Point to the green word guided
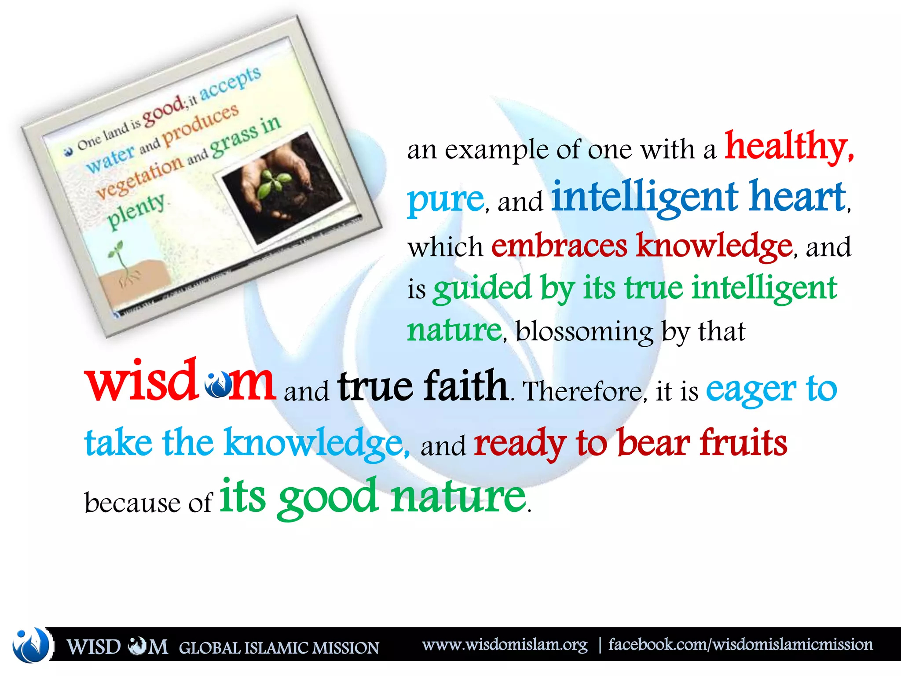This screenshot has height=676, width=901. [482, 289]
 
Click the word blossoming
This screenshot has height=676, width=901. [584, 332]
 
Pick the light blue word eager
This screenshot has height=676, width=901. [751, 390]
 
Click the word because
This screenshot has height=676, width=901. [132, 503]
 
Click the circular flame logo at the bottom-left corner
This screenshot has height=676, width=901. [31, 645]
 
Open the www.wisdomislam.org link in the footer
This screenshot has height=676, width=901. [505, 645]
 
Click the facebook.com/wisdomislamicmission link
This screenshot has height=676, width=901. [740, 645]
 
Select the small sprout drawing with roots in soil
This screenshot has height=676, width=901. [121, 264]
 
